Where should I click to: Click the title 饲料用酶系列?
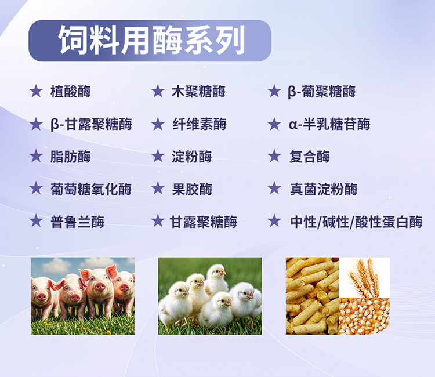pos(152,40)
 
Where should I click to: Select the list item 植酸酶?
pos(70,92)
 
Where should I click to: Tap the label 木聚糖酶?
pos(198,92)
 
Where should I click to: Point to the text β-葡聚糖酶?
pos(321,92)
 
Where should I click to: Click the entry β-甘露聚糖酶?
pos(91,124)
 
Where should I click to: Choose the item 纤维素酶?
pos(200,124)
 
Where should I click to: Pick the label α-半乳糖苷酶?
pos(329,124)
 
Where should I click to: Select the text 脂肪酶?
pos(70,157)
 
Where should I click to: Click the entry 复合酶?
pos(310,157)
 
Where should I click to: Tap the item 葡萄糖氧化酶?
pos(91,189)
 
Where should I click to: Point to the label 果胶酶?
pos(192,189)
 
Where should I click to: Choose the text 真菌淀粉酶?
pos(324,189)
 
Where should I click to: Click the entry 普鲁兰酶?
pos(77,222)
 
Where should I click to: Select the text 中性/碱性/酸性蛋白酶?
pos(357,222)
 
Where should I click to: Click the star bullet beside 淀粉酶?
pos(158,156)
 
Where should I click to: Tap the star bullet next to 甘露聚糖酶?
pos(158,221)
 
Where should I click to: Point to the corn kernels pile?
pos(364,316)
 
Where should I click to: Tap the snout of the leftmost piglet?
pos(42,298)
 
